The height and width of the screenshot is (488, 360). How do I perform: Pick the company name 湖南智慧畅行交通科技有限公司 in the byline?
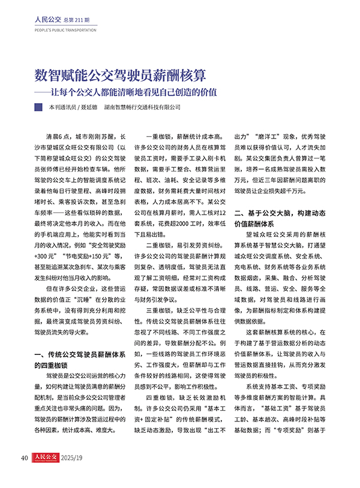tap(142, 109)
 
